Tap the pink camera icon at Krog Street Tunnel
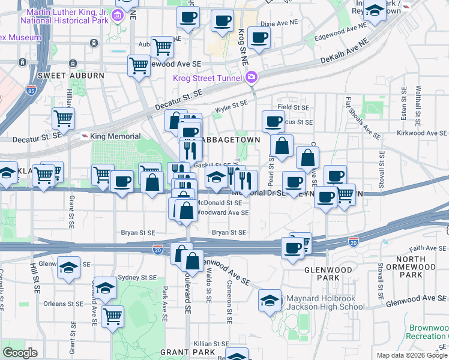coord(252,77)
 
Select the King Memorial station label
coord(115,137)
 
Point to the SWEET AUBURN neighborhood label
coord(62,76)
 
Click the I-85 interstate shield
coord(31,91)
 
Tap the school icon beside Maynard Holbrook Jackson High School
coord(270,301)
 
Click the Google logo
coord(20,353)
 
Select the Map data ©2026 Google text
coord(412,355)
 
